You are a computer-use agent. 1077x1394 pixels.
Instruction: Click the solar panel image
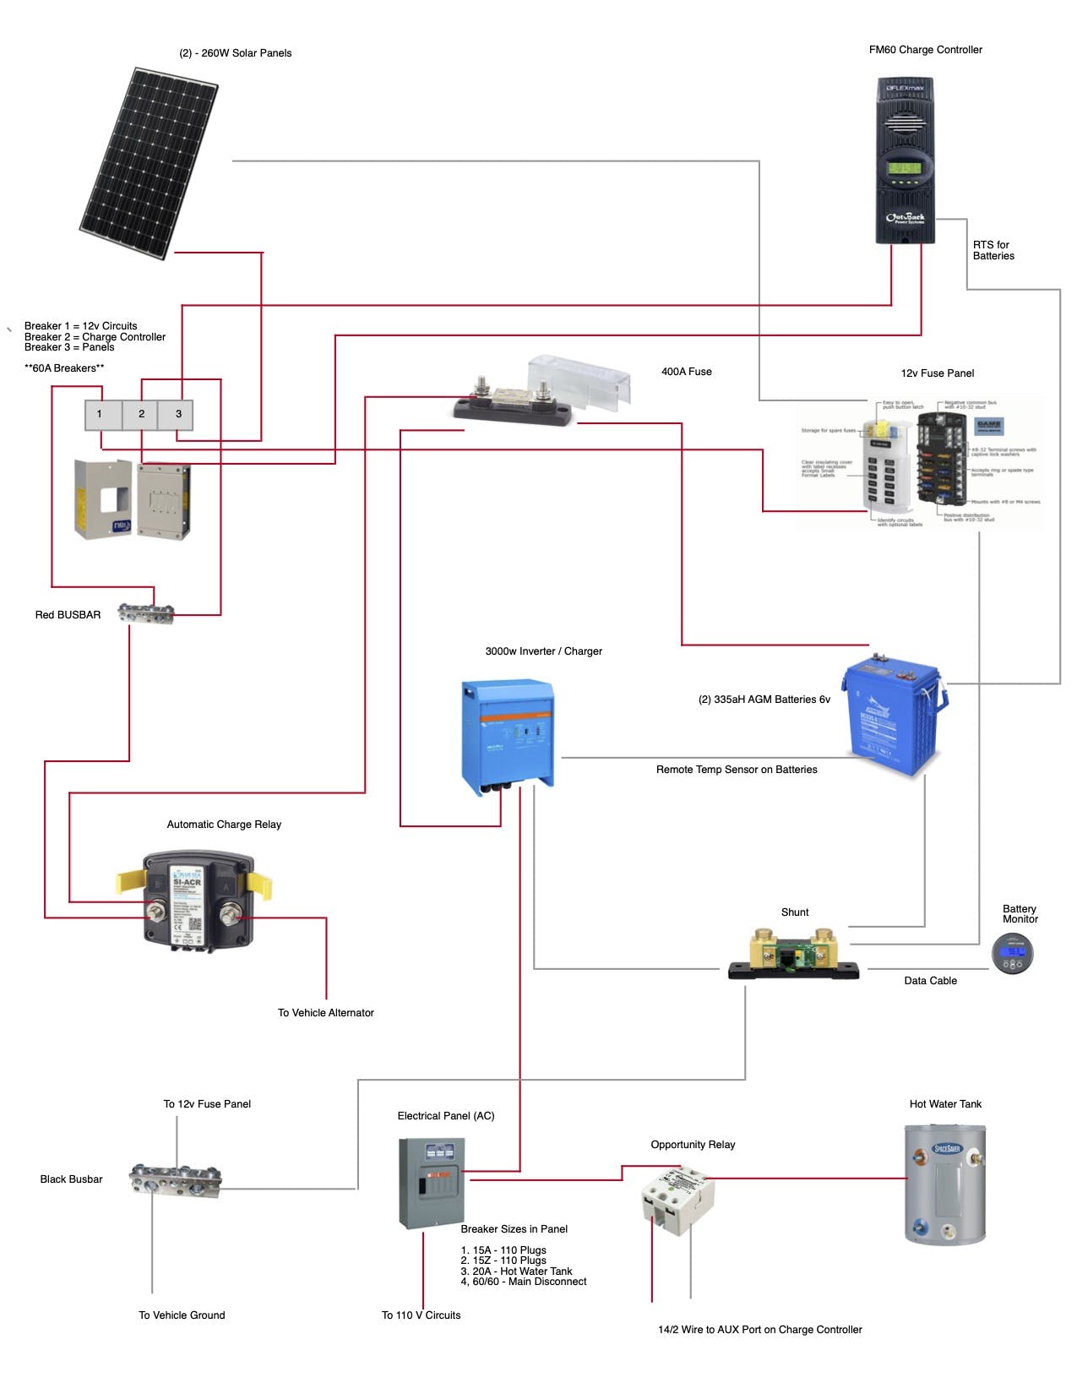coord(150,163)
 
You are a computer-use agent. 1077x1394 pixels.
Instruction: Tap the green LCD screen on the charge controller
coord(904,167)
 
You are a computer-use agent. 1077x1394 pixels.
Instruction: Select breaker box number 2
coord(141,414)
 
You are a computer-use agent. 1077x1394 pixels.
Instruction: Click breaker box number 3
coord(178,414)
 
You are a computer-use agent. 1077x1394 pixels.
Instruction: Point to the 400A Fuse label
coord(686,372)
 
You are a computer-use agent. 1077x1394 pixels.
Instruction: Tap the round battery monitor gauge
coord(1012,953)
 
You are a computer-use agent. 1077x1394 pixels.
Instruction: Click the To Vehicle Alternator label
coord(325,1013)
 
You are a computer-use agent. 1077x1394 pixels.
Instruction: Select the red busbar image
coord(145,613)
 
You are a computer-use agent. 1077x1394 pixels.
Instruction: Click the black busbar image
coord(176,1179)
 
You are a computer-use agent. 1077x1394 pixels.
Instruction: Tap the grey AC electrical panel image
coord(432,1183)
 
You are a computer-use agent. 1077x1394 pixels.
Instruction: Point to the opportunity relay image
coord(678,1201)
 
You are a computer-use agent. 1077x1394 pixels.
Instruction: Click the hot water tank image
coord(945,1184)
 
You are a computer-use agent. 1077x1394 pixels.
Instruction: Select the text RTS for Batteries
coord(993,251)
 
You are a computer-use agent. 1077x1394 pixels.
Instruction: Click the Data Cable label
coord(930,981)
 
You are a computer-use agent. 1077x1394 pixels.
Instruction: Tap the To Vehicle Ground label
coord(182,1315)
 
